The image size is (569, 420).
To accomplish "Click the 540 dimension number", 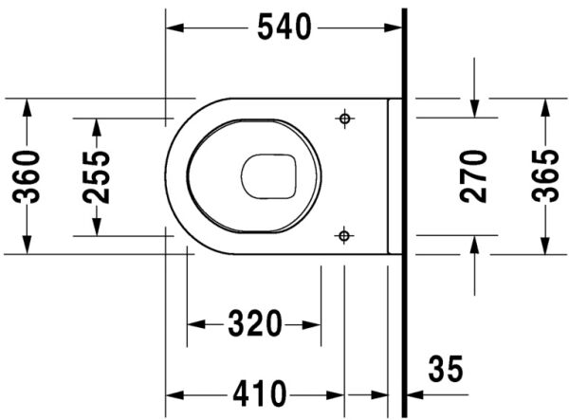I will pos(284,28).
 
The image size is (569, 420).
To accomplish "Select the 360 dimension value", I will pos(28,175).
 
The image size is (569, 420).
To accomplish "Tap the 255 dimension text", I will pos(95,175).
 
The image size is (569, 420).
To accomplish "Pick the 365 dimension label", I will pos(543,175).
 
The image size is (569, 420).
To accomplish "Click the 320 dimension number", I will pos(254,324).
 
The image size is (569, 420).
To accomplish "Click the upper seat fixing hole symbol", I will pos(344,119).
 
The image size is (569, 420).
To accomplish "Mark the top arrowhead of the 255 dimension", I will pos(95,124).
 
